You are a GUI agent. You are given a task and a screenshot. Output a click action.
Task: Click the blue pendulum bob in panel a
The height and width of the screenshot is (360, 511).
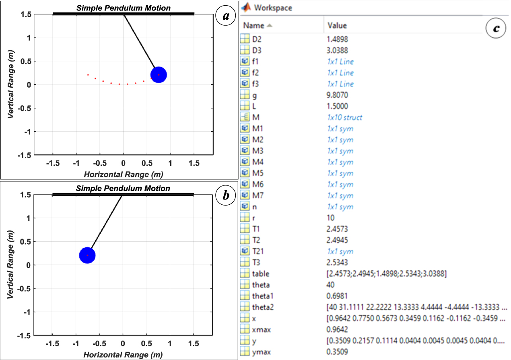pyautogui.click(x=159, y=75)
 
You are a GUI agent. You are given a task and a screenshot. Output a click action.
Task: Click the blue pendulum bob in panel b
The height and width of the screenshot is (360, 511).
pyautogui.click(x=87, y=255)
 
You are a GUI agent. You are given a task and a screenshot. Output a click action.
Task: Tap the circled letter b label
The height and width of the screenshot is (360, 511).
pyautogui.click(x=226, y=195)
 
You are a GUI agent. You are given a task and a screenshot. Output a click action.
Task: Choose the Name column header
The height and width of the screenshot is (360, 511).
pyautogui.click(x=254, y=26)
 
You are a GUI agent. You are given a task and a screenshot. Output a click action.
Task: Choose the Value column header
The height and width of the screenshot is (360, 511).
pyautogui.click(x=337, y=26)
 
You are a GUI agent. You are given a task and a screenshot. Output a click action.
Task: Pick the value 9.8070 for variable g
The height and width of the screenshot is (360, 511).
pyautogui.click(x=337, y=95)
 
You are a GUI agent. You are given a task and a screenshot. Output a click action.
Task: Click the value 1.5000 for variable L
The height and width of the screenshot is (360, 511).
pyautogui.click(x=337, y=106)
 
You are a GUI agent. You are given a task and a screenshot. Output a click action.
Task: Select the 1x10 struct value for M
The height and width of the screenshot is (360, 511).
pyautogui.click(x=345, y=117)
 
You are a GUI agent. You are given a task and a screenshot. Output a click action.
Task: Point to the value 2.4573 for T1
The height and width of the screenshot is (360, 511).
pyautogui.click(x=337, y=229)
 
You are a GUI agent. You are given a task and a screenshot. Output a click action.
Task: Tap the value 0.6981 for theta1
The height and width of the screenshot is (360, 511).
pyautogui.click(x=337, y=296)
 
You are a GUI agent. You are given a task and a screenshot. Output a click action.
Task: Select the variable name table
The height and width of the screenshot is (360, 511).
pyautogui.click(x=261, y=274)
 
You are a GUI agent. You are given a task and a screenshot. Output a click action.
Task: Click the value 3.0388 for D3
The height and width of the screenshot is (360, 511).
pyautogui.click(x=337, y=50)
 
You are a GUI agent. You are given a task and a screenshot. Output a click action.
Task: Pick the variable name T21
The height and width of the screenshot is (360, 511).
pyautogui.click(x=258, y=251)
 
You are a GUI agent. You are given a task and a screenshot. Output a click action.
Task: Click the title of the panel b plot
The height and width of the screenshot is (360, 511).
pyautogui.click(x=123, y=188)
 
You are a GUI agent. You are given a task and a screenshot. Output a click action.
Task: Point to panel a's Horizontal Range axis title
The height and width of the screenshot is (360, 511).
pyautogui.click(x=123, y=174)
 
